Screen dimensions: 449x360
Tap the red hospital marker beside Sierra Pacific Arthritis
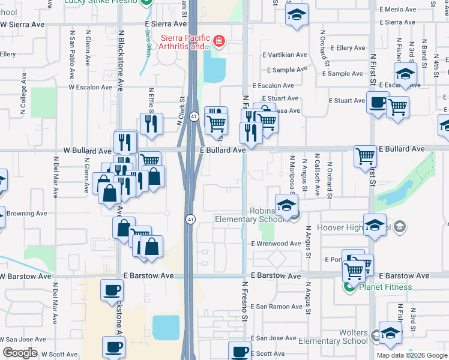[219, 41]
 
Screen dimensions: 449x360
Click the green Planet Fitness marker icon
[348, 287]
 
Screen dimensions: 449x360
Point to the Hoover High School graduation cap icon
[375, 226]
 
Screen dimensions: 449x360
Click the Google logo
[20, 353]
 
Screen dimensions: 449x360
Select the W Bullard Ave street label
[88, 151]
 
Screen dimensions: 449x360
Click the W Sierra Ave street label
[24, 25]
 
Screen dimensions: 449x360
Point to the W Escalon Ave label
[90, 87]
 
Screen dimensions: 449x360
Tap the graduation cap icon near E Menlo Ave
[295, 15]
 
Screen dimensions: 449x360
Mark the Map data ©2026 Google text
[411, 355]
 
